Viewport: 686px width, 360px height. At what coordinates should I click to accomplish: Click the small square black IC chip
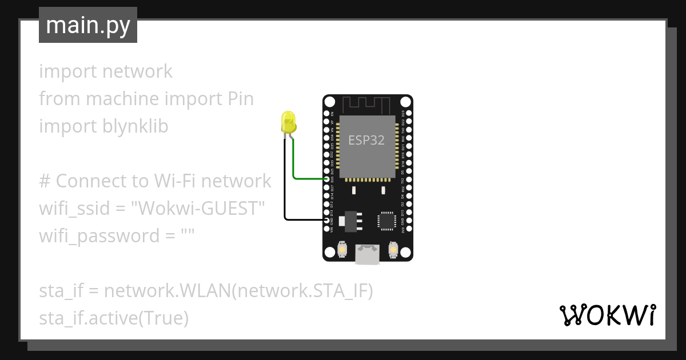coord(386,221)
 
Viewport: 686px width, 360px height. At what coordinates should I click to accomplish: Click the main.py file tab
coord(88,26)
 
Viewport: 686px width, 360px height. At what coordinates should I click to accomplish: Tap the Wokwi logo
coord(607,315)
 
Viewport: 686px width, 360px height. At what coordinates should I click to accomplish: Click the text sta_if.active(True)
coord(114,318)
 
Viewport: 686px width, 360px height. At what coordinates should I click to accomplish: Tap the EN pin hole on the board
coord(326,114)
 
